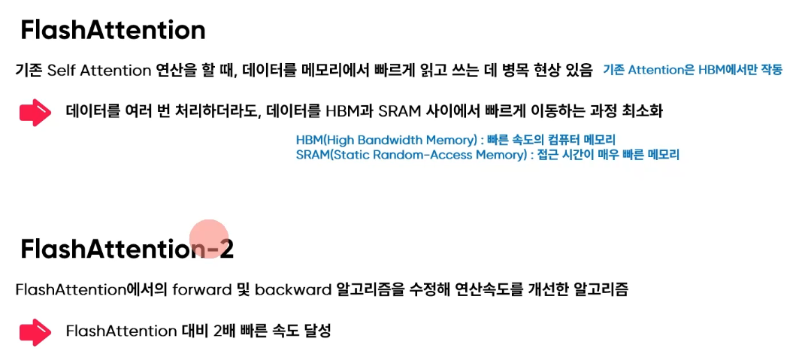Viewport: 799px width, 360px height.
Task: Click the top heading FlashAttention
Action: click(x=113, y=30)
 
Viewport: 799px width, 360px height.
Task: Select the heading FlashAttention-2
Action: click(x=126, y=249)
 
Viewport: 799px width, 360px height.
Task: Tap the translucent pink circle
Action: click(x=208, y=239)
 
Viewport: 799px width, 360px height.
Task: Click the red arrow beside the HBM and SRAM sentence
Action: click(x=35, y=112)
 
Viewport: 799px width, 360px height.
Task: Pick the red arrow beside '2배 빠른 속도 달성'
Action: click(x=35, y=331)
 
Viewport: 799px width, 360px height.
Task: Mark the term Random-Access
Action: click(x=427, y=155)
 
